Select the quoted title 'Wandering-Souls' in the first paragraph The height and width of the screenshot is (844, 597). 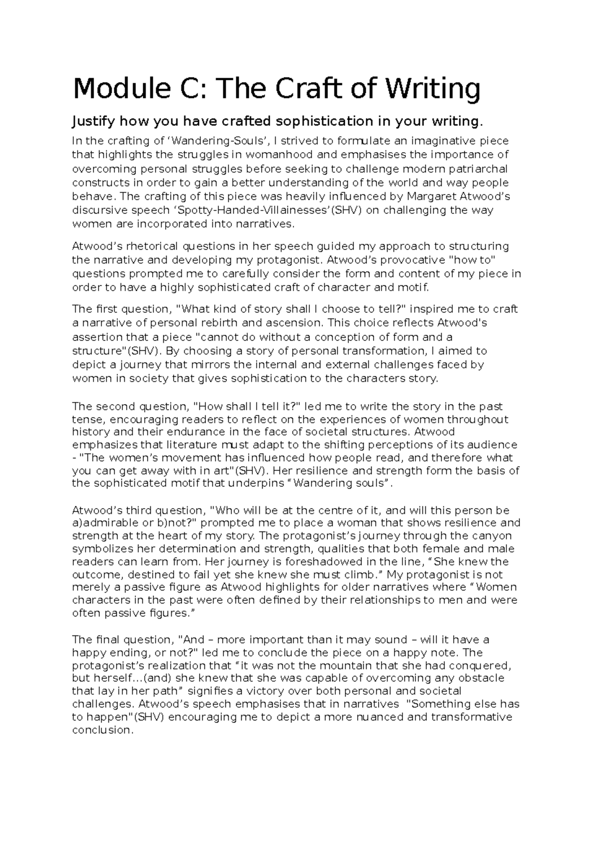click(188, 141)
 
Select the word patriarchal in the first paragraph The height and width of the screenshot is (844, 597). click(479, 169)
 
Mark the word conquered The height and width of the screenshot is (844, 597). click(483, 665)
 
